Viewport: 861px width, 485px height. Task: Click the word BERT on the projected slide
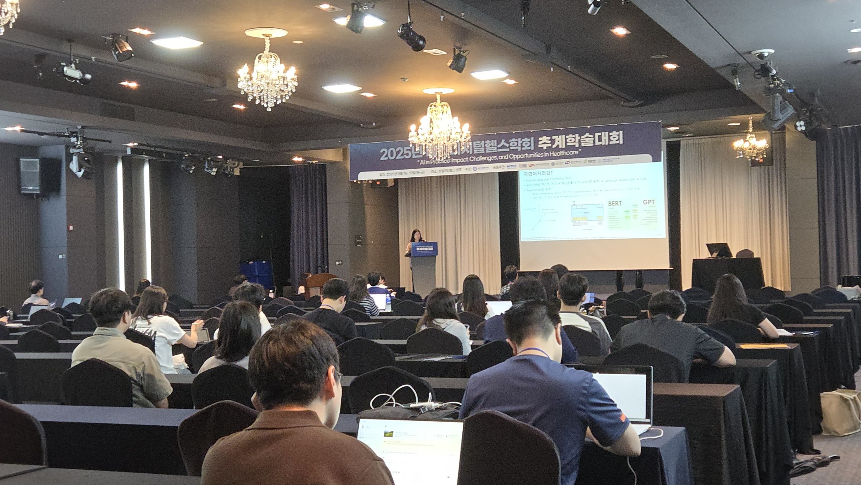pyautogui.click(x=615, y=203)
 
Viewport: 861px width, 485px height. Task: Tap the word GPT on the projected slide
pyautogui.click(x=648, y=202)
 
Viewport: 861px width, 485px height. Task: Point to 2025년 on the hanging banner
pyautogui.click(x=396, y=153)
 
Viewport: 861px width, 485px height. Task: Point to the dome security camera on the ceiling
pyautogui.click(x=762, y=56)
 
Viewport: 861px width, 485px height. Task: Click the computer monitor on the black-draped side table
pyautogui.click(x=718, y=250)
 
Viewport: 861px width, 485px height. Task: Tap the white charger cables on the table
pyautogui.click(x=404, y=399)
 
